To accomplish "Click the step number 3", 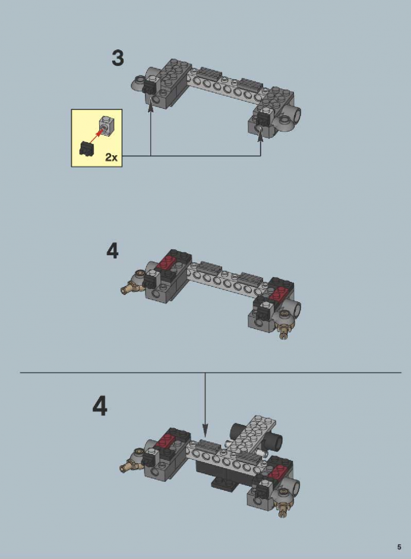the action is pyautogui.click(x=118, y=58).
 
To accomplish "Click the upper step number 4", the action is pyautogui.click(x=112, y=251).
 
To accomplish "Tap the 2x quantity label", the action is pyautogui.click(x=111, y=157).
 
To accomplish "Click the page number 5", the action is pyautogui.click(x=399, y=547).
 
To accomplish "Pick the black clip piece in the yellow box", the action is pyautogui.click(x=86, y=148).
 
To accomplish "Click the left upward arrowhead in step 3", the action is pyautogui.click(x=151, y=107).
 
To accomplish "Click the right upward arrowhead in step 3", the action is pyautogui.click(x=261, y=136).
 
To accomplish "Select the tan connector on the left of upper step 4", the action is pyautogui.click(x=129, y=287).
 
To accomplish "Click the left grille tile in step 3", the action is pyautogui.click(x=210, y=74).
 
